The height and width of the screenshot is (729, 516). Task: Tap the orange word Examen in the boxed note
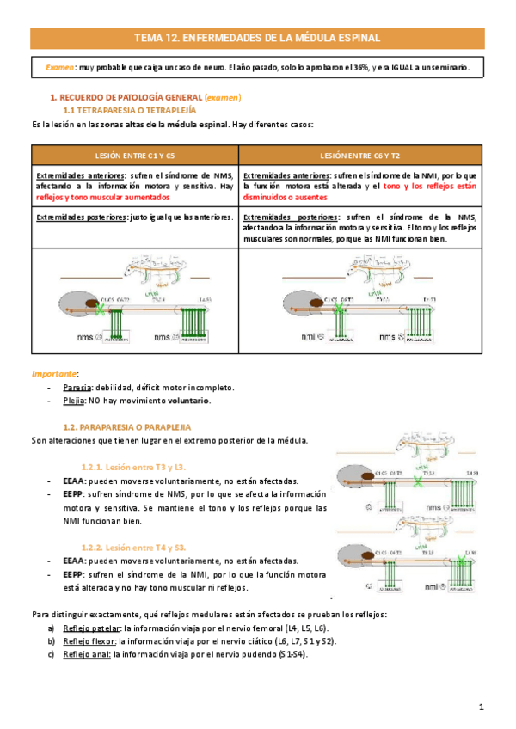(x=60, y=68)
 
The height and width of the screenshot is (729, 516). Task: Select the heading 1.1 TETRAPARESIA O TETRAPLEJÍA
(x=131, y=112)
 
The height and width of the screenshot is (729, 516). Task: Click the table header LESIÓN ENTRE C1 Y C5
(x=133, y=155)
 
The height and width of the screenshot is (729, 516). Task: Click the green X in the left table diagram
(x=100, y=305)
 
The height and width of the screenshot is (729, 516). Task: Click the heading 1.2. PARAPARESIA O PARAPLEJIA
(x=127, y=426)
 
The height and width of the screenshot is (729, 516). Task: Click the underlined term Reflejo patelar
(x=89, y=628)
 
